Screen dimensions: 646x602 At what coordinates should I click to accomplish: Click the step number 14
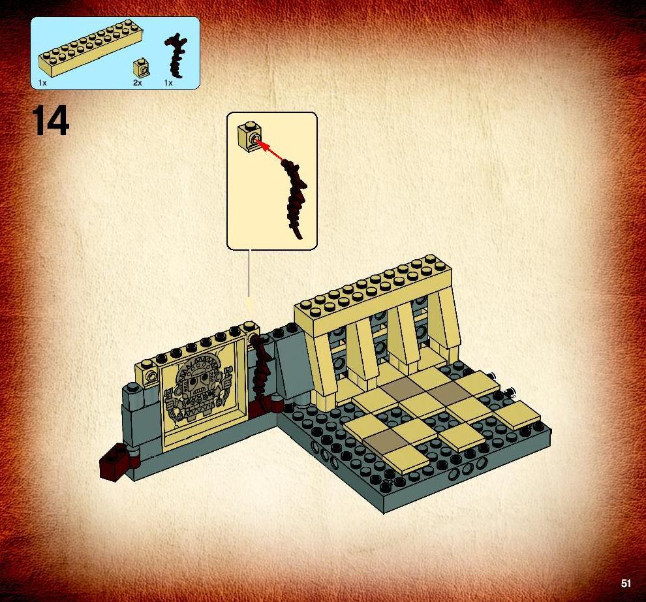[x=51, y=120]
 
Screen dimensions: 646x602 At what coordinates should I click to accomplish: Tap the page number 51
[x=626, y=584]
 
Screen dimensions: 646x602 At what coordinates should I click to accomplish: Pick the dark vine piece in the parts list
[x=176, y=55]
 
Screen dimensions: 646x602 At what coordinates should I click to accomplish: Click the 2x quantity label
[x=137, y=83]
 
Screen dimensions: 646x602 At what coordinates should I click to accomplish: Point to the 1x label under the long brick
[x=42, y=83]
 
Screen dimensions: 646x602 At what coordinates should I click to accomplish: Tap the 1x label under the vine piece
[x=168, y=83]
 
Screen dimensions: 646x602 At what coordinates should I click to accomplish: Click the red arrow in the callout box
[x=270, y=151]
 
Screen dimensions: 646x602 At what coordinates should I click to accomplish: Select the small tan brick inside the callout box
[x=249, y=136]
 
